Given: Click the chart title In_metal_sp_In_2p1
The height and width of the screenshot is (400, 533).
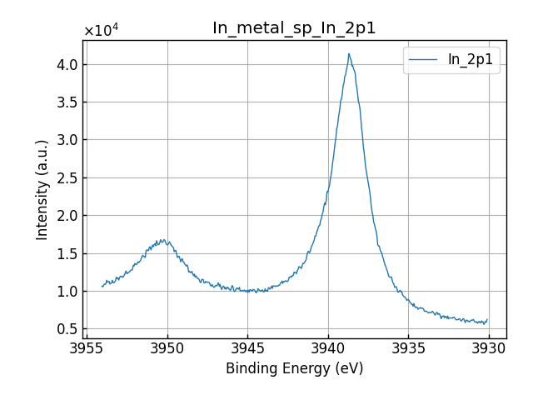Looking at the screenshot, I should click(x=294, y=28).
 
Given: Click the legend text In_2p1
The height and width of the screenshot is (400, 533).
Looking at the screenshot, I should click(x=471, y=60).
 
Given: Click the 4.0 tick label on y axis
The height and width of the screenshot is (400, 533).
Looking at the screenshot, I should click(x=68, y=65).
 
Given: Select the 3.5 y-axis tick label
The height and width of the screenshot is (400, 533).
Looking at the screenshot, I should click(x=68, y=102).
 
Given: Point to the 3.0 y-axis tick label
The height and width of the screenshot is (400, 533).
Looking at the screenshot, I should click(x=68, y=140).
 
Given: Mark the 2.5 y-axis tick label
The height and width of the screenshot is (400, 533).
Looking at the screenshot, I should click(x=68, y=178).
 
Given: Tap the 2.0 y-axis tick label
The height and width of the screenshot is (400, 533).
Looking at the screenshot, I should click(x=68, y=216).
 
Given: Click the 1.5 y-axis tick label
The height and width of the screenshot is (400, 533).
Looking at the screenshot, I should click(x=68, y=253).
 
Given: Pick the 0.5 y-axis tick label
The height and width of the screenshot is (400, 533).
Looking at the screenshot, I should click(x=68, y=329).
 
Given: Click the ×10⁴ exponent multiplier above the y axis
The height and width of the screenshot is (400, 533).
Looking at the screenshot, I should click(x=101, y=31).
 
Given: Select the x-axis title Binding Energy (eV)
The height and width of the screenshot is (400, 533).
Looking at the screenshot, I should click(x=294, y=368).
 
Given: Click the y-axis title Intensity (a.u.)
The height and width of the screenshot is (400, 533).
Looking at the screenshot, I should click(x=42, y=189).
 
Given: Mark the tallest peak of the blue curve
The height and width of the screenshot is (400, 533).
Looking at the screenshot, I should click(x=349, y=54).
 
